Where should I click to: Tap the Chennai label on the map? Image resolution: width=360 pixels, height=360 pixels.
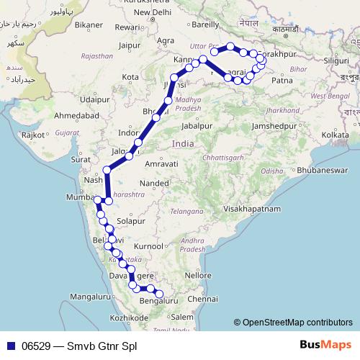[x=201, y=297]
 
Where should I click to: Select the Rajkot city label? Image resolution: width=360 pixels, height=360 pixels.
[x=33, y=134]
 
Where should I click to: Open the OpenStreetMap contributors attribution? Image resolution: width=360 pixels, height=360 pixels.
[x=297, y=323]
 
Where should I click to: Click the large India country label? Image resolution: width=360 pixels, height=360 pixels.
[x=182, y=144]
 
